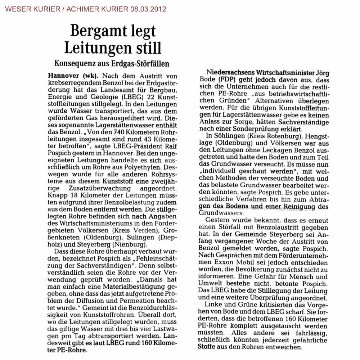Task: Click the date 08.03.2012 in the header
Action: (147, 9)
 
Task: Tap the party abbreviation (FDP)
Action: (228, 79)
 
